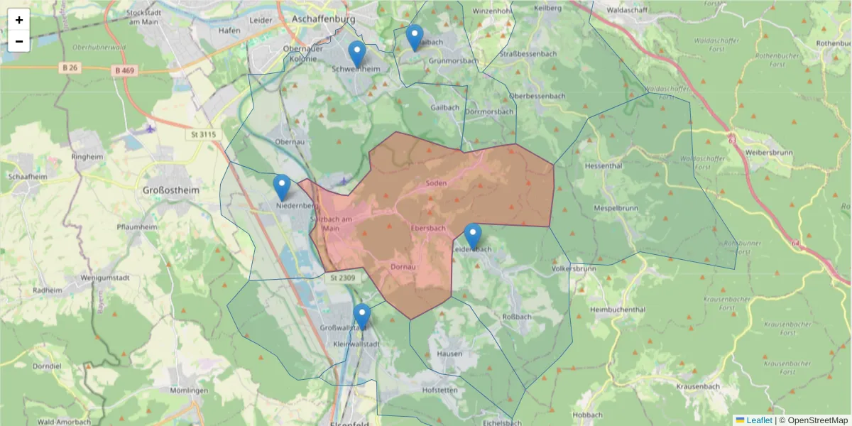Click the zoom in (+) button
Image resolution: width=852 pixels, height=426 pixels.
(x=19, y=20)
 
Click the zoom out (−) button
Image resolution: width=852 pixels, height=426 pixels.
(x=19, y=41)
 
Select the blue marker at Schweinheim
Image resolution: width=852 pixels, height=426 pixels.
(x=357, y=54)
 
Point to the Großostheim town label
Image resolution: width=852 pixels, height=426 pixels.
(x=170, y=190)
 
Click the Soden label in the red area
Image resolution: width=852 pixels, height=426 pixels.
(x=436, y=183)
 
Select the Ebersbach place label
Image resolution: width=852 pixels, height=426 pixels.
(x=428, y=228)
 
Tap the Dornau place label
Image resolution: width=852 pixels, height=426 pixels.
(x=402, y=266)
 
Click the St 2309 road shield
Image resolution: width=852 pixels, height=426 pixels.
(x=342, y=278)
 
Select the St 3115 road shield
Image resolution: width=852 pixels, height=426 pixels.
(x=203, y=134)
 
